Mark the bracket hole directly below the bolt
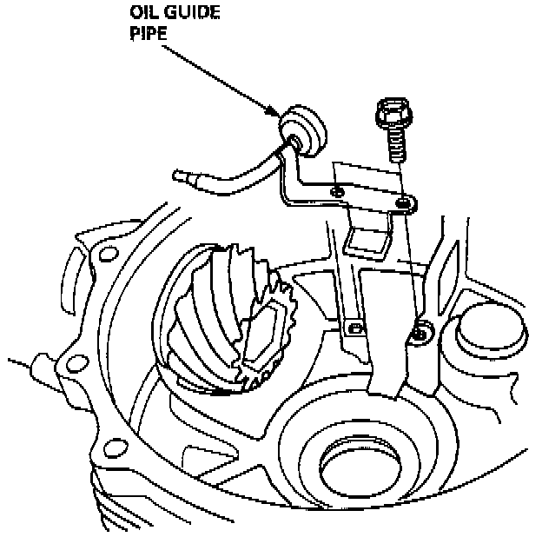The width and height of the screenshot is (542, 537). click(403, 203)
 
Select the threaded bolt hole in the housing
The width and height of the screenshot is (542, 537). click(421, 333)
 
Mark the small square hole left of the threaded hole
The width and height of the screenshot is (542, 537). click(354, 328)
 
